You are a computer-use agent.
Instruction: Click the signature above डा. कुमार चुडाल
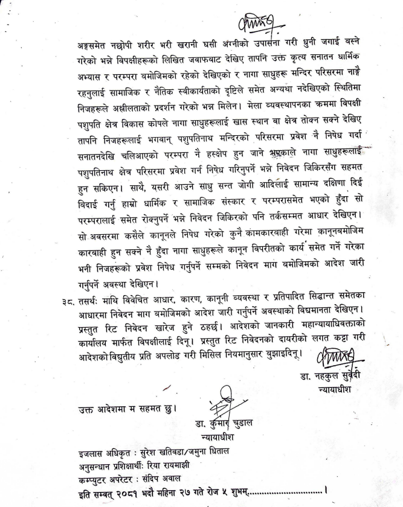(x=222, y=403)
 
